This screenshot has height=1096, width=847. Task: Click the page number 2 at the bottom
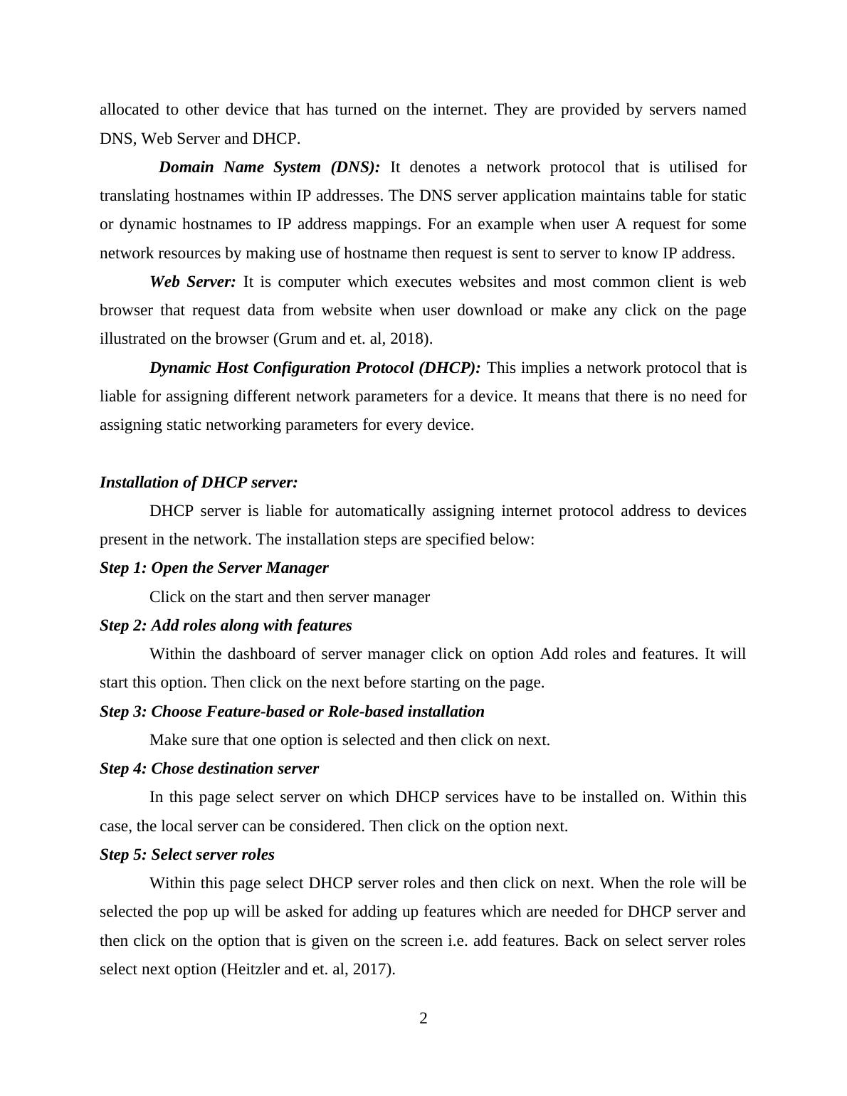tap(423, 1018)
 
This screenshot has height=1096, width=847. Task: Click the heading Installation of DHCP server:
tap(199, 483)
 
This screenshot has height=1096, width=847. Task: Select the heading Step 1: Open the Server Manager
tap(214, 568)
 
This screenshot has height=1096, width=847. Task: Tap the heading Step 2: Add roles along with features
tap(226, 626)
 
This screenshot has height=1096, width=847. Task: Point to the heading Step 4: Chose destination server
tap(209, 769)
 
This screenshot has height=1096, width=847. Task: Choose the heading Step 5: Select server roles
tap(187, 855)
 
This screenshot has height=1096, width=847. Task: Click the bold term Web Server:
tap(192, 282)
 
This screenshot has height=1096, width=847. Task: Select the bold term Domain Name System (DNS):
tap(269, 167)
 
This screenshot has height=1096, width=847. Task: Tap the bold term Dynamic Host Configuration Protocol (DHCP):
tap(315, 368)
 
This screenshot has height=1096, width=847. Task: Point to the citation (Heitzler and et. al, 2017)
tap(308, 969)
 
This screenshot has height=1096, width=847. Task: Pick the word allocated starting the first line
tap(130, 110)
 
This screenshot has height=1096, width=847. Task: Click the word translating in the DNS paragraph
tap(134, 196)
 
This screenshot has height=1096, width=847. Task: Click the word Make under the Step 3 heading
tap(166, 740)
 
